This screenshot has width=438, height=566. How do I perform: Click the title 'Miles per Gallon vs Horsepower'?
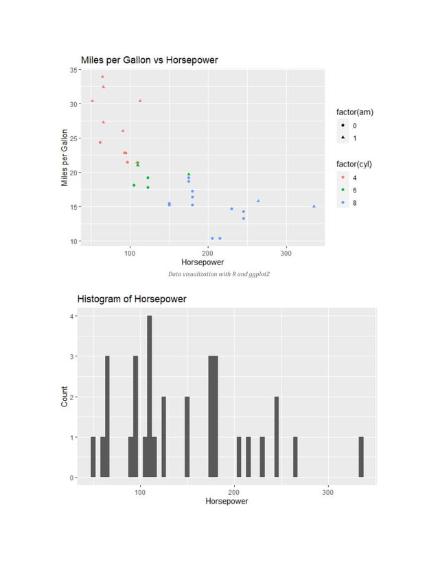pyautogui.click(x=149, y=60)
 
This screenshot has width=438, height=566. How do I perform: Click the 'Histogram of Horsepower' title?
pyautogui.click(x=131, y=299)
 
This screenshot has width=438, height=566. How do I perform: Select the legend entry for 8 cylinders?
pyautogui.click(x=346, y=203)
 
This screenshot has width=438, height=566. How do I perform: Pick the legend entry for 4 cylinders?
pyautogui.click(x=346, y=178)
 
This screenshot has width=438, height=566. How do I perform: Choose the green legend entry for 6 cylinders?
pyautogui.click(x=346, y=190)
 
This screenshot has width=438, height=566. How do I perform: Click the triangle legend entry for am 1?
pyautogui.click(x=346, y=138)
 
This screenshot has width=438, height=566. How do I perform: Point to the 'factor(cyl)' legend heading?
pyautogui.click(x=354, y=164)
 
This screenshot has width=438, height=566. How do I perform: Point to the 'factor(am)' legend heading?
pyautogui.click(x=354, y=112)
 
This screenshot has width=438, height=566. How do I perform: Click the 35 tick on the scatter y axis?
pyautogui.click(x=72, y=70)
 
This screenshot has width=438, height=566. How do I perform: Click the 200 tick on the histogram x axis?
pyautogui.click(x=234, y=491)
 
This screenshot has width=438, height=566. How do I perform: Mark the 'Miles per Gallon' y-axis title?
pyautogui.click(x=65, y=158)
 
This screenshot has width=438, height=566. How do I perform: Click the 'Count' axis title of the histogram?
pyautogui.click(x=65, y=397)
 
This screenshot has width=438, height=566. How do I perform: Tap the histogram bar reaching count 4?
pyautogui.click(x=150, y=396)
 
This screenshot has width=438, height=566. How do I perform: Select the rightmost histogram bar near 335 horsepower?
pyautogui.click(x=361, y=456)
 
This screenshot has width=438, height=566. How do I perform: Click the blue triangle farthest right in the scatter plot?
pyautogui.click(x=314, y=206)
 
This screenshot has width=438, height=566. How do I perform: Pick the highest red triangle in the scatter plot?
pyautogui.click(x=102, y=77)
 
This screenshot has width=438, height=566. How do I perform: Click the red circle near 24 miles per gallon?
pyautogui.click(x=100, y=143)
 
